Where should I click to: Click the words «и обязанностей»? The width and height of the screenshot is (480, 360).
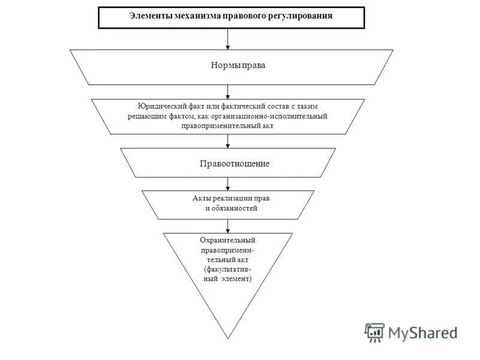coord(227,208)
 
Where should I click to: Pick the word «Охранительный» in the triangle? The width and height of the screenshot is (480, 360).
coord(228,240)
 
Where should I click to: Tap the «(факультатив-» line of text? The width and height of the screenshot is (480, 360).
coord(228,270)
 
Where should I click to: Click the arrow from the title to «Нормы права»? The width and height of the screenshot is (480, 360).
coord(228,39)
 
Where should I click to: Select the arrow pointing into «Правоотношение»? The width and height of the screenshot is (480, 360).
coord(228,141)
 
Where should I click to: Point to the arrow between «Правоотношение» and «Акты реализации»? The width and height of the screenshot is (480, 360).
coord(228,184)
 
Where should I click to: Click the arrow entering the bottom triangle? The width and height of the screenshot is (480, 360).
coord(228,226)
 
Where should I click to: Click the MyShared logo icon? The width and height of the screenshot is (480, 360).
coord(374,332)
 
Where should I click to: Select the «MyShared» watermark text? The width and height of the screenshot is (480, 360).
coord(422,332)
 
